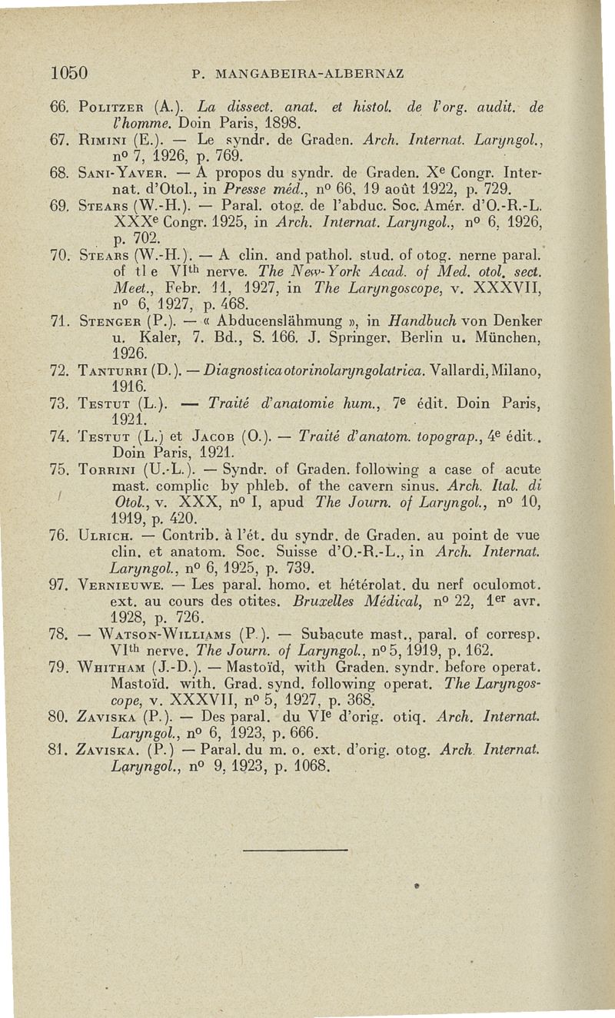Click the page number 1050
pyautogui.click(x=67, y=74)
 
